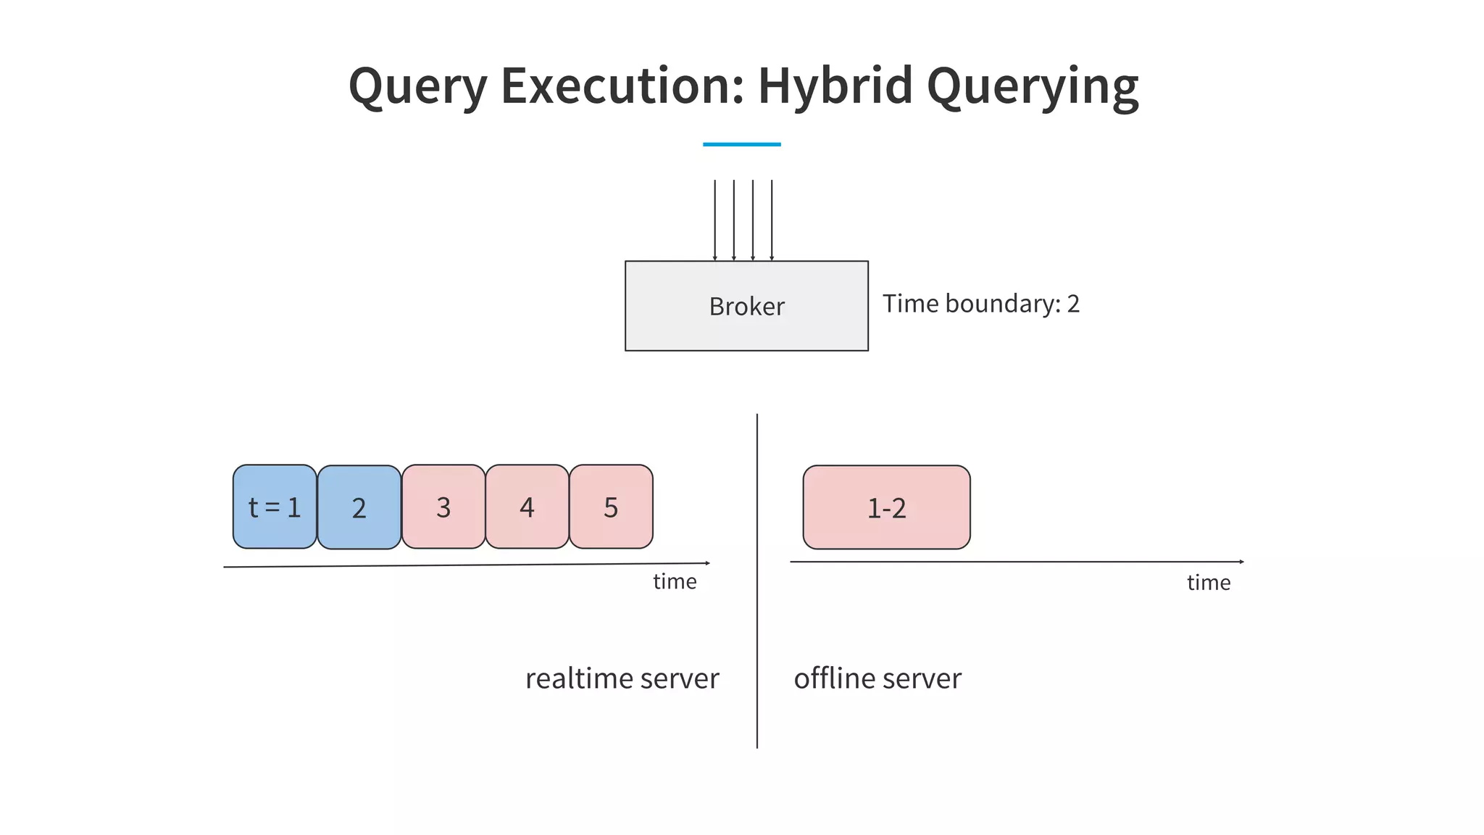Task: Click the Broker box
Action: [746, 306]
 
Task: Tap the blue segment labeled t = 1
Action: [275, 507]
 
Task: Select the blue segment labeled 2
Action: [359, 507]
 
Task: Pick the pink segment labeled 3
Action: [443, 507]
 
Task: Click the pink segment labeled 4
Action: [527, 507]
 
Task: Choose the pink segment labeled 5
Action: [611, 507]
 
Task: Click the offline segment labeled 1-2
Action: [886, 507]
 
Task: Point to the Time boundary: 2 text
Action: [980, 304]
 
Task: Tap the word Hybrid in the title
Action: [835, 86]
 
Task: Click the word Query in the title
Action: [418, 86]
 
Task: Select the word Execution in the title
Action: [622, 86]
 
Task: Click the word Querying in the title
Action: [1033, 86]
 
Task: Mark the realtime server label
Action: [622, 678]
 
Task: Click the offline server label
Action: [878, 678]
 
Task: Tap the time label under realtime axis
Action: [675, 581]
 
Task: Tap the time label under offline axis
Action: [1208, 583]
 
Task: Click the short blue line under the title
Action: [741, 144]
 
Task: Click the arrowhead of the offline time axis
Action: [1241, 562]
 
